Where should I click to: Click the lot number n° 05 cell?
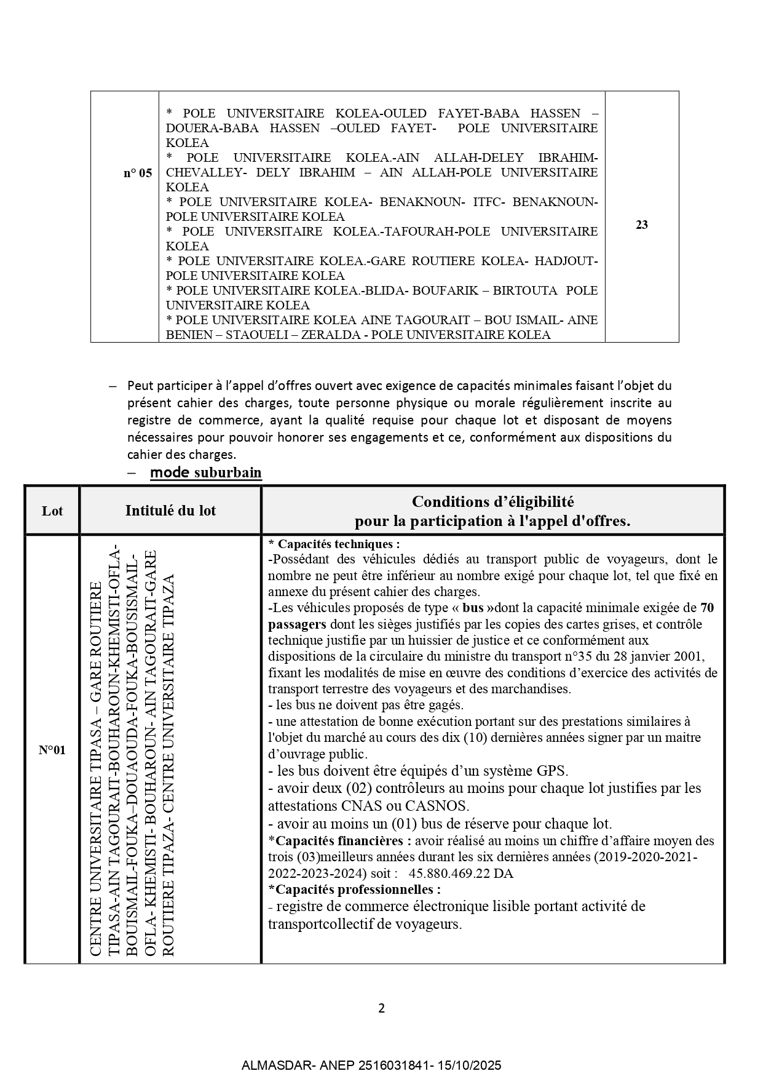click(137, 173)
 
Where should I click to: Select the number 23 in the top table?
click(641, 225)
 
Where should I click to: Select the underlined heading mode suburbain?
click(206, 472)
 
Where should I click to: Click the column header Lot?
click(52, 511)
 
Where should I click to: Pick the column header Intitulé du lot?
click(170, 511)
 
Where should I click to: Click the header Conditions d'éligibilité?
click(492, 502)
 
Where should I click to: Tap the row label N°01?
click(52, 749)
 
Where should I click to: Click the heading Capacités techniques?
click(336, 544)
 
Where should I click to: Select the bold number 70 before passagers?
click(707, 608)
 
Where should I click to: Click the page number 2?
click(381, 1008)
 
